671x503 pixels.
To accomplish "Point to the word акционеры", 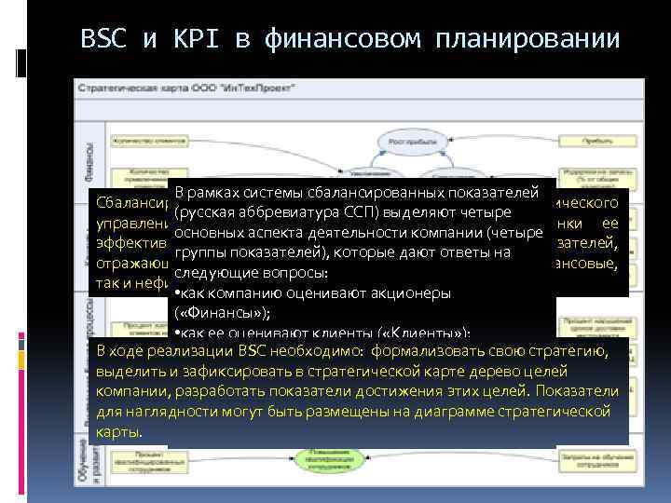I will (x=411, y=292).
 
